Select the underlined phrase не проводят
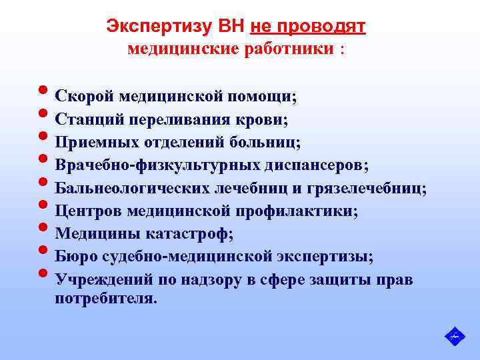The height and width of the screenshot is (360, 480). (x=307, y=27)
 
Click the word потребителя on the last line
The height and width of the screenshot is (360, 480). (x=106, y=298)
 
